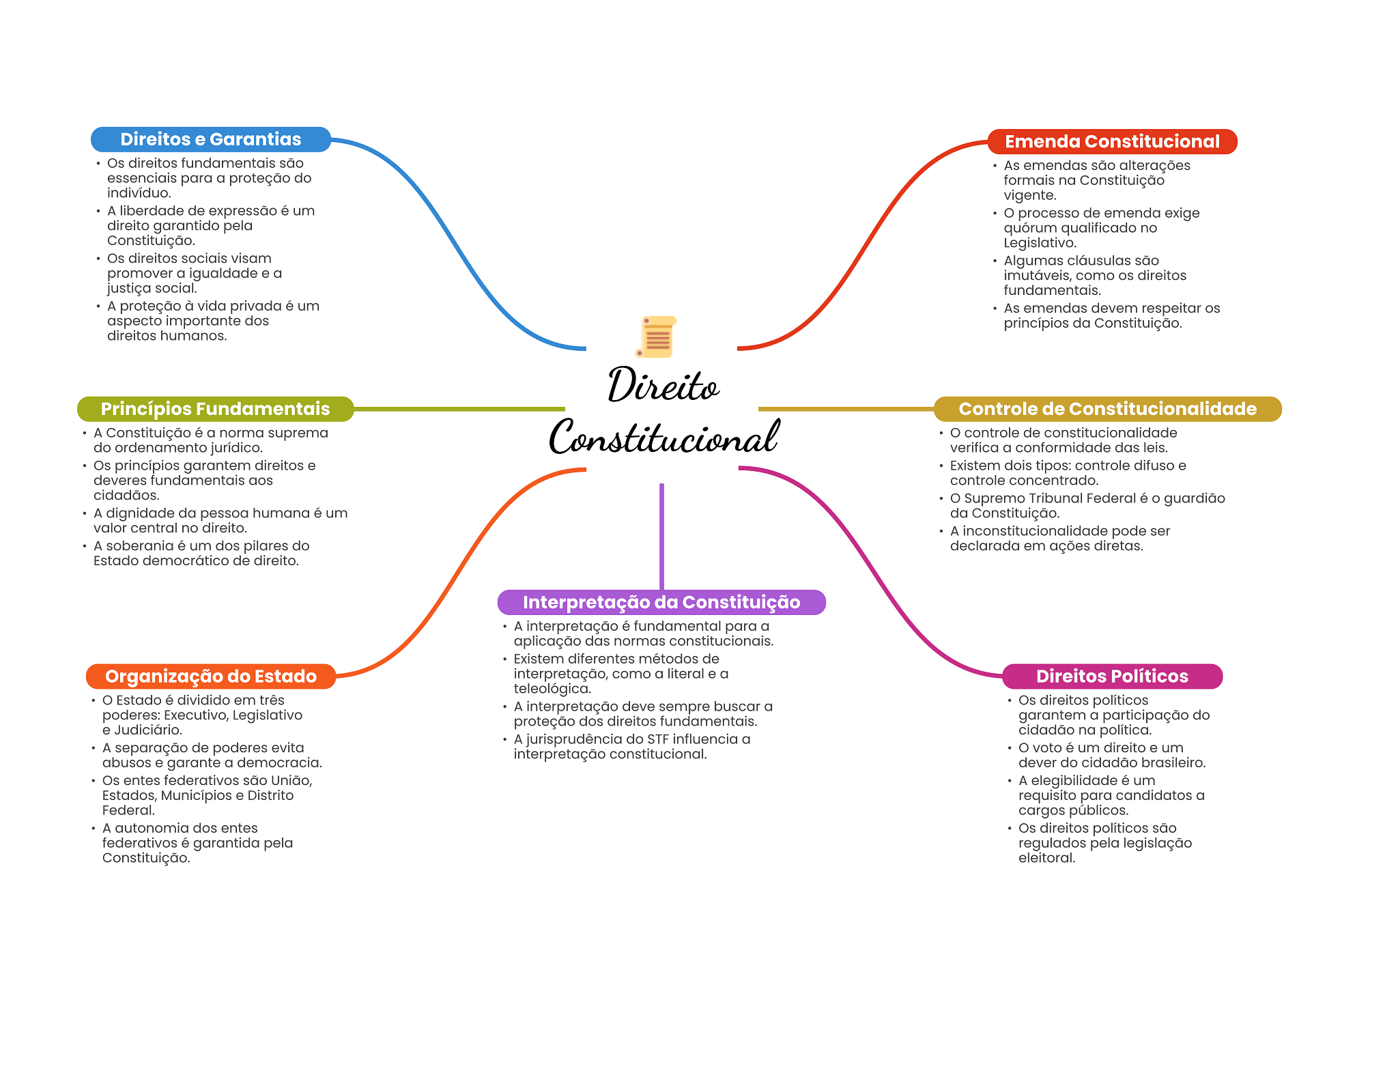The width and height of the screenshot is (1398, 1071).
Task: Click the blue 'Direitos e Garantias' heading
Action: pos(210,139)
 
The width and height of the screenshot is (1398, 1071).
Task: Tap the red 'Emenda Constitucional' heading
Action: pos(1111,141)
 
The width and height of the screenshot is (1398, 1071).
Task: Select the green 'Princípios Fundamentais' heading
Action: pos(215,409)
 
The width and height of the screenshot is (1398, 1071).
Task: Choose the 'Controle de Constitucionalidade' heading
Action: pos(1107,409)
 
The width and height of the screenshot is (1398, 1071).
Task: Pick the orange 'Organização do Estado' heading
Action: pos(210,676)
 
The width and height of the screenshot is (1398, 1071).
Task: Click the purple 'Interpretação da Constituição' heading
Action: pos(661,602)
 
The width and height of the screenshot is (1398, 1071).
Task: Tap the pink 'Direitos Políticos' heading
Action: pos(1111,676)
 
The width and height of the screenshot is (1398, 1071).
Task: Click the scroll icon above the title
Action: pos(657,337)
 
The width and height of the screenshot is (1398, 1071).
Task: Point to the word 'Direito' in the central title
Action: pos(663,386)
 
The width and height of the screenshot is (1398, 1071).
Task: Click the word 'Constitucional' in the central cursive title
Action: pos(664,438)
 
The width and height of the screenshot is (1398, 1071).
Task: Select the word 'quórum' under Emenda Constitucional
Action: pos(1028,228)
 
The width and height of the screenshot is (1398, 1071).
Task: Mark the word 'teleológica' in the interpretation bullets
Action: pos(552,689)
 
